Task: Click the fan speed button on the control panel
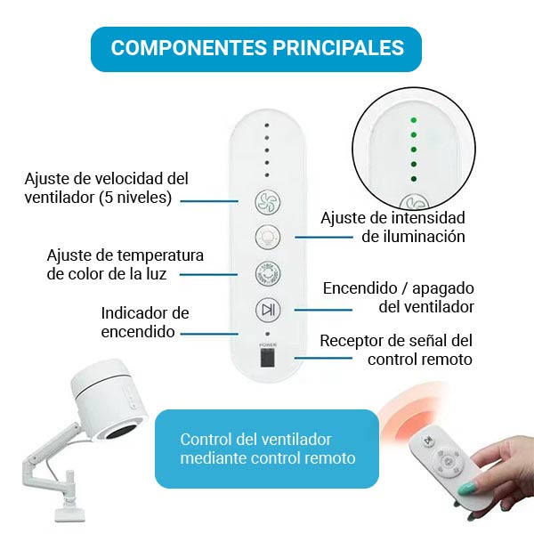pos(268,203)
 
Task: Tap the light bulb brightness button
pos(268,237)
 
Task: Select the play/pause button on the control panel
pos(268,310)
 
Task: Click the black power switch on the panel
pos(268,358)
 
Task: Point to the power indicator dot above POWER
pos(267,334)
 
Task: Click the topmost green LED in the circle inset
pos(414,120)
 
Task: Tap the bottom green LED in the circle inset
pos(414,179)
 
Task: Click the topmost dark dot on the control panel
pos(267,125)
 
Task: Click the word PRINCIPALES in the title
pos(338,47)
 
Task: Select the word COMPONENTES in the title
pos(189,47)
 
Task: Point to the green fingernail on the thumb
pos(466,489)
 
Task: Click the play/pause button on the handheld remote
pos(426,441)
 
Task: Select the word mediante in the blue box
pos(214,458)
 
